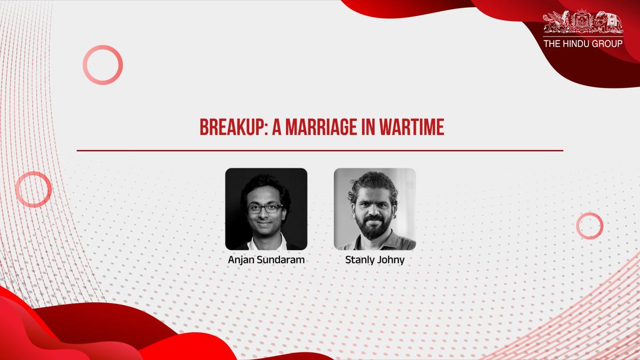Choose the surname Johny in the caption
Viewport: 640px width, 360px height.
click(x=391, y=261)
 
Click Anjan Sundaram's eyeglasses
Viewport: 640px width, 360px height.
click(x=265, y=209)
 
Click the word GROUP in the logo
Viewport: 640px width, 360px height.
click(x=608, y=43)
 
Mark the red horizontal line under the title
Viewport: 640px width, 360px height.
click(x=320, y=150)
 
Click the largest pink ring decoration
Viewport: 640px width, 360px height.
click(x=102, y=65)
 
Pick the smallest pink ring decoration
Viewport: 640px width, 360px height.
click(x=589, y=225)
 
